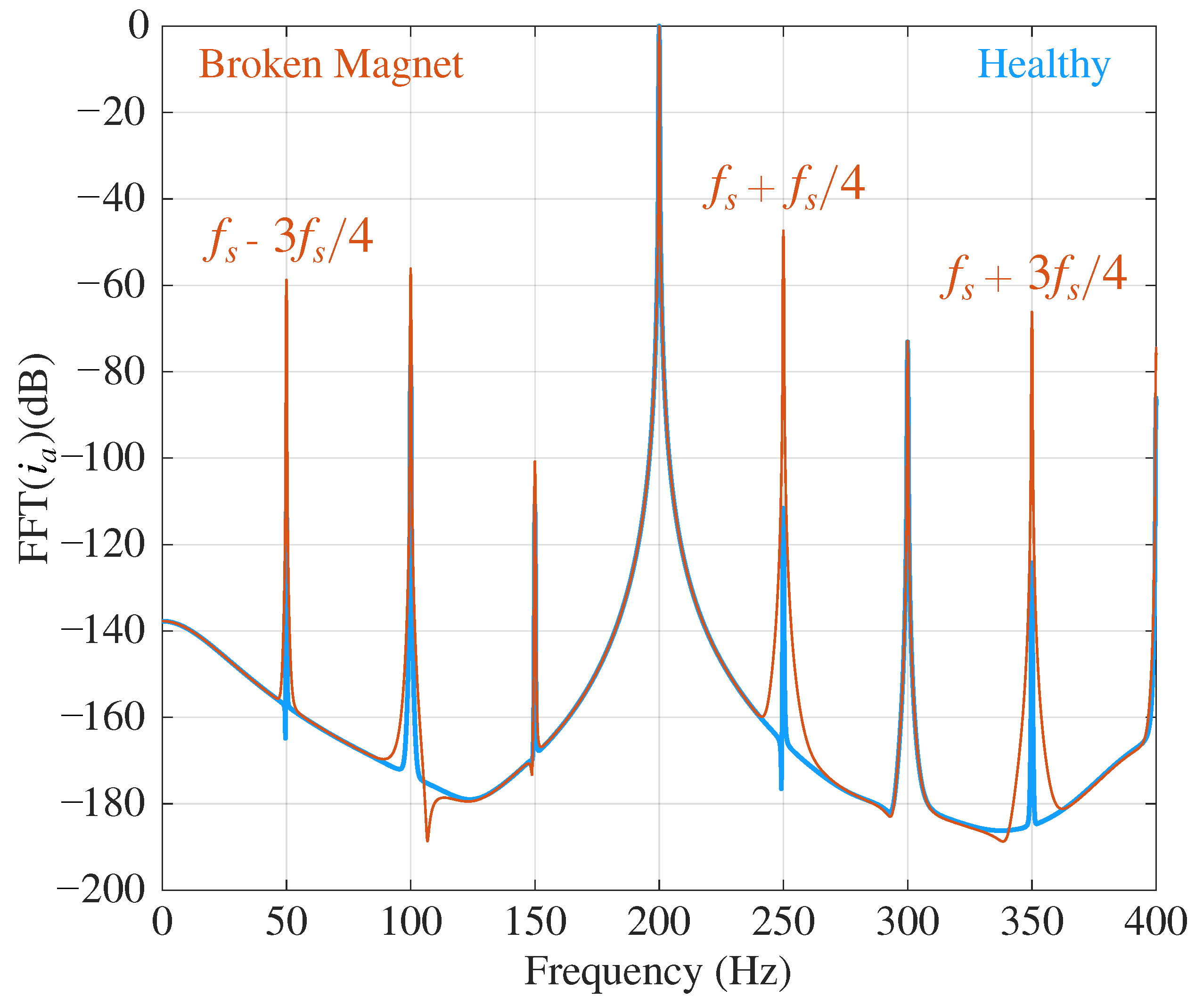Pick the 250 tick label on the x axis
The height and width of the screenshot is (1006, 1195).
pyautogui.click(x=783, y=922)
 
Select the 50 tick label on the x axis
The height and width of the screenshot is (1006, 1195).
pyautogui.click(x=286, y=922)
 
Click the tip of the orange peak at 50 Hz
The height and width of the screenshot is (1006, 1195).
pyautogui.click(x=286, y=280)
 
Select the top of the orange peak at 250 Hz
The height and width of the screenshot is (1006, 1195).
pyautogui.click(x=783, y=231)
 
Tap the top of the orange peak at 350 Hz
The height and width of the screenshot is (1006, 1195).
pyautogui.click(x=1031, y=313)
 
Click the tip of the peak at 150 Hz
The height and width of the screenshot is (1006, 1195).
pyautogui.click(x=535, y=462)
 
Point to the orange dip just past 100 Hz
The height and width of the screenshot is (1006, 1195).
pyautogui.click(x=427, y=840)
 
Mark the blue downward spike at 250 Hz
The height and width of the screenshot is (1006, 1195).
pyautogui.click(x=781, y=789)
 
